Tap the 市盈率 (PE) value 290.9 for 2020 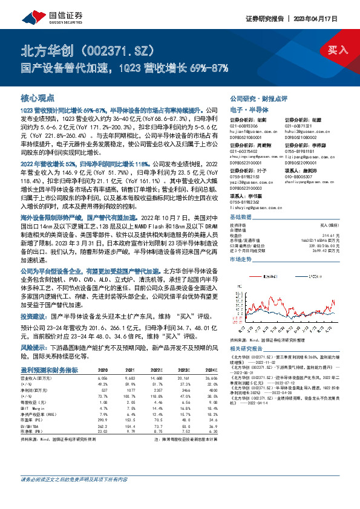coord(102,420)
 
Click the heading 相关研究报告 coord(246,349)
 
